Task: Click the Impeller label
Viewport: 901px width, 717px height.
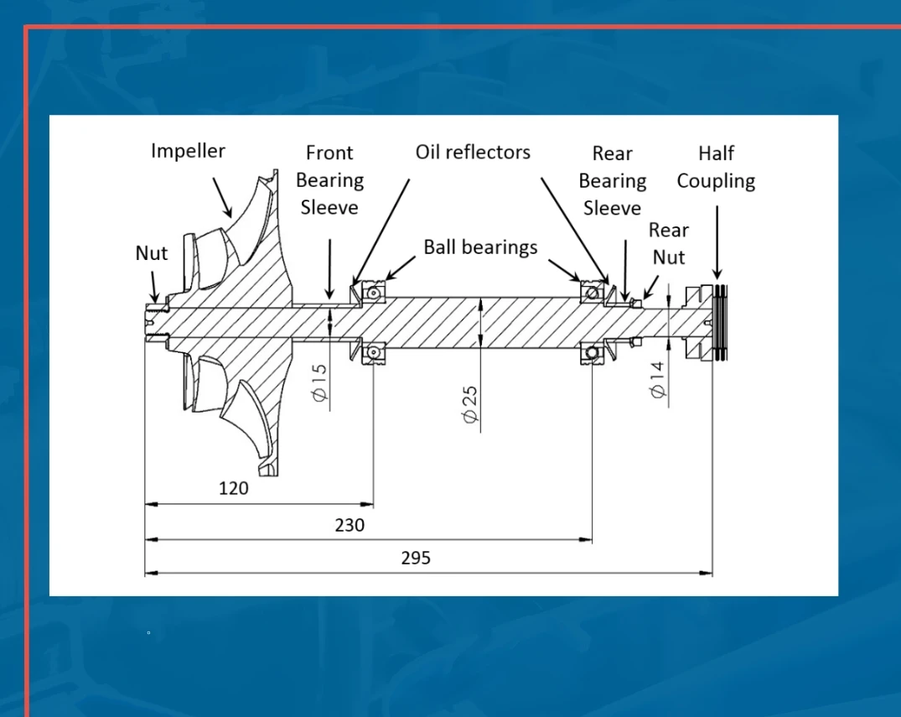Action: coord(188,151)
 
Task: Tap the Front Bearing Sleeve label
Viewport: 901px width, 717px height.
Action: coord(329,179)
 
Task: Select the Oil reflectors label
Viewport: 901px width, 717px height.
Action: coord(473,152)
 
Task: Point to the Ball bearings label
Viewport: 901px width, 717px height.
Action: coord(480,247)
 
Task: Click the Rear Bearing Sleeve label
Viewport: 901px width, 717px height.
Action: coord(612,180)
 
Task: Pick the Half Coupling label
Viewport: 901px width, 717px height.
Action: coord(716,167)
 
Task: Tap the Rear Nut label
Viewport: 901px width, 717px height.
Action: coord(668,243)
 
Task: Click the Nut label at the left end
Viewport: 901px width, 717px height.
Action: coord(152,252)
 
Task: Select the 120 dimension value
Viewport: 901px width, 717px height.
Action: coord(233,487)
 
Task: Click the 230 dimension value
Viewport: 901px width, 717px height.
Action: coord(350,525)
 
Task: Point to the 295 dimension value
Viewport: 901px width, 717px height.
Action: coord(416,558)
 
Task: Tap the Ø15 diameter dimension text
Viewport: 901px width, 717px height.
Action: coord(318,382)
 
